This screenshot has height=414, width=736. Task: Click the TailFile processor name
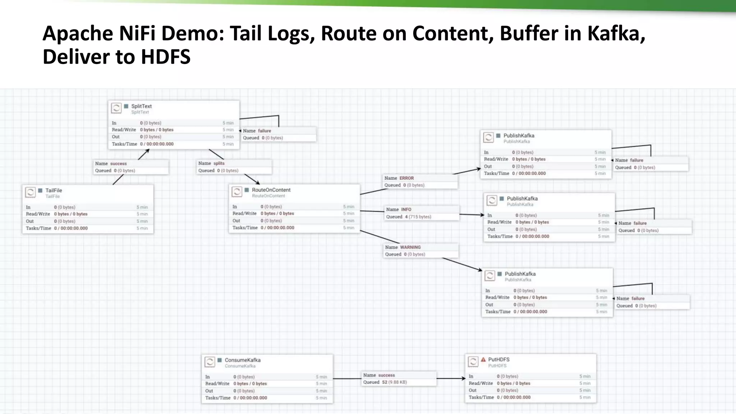click(x=54, y=190)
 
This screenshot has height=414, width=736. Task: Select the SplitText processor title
click(x=141, y=106)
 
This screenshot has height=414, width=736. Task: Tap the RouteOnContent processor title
click(x=271, y=190)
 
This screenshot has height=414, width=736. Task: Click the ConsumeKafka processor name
click(x=243, y=360)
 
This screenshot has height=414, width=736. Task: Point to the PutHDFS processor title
click(x=498, y=360)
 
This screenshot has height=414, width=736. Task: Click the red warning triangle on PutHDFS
click(x=483, y=359)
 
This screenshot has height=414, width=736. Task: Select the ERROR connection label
click(x=406, y=178)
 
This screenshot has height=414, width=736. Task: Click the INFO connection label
click(x=406, y=210)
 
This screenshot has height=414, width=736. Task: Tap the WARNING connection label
click(x=410, y=247)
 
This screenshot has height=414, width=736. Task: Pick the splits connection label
click(x=219, y=164)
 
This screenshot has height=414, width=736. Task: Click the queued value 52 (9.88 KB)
click(x=394, y=382)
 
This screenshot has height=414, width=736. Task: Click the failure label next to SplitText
click(x=264, y=131)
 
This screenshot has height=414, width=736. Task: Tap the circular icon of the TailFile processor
click(x=31, y=192)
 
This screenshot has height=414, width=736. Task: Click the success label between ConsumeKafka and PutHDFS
click(x=386, y=375)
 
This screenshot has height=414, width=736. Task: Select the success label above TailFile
click(x=118, y=164)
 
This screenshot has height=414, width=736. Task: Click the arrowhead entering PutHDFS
click(x=464, y=378)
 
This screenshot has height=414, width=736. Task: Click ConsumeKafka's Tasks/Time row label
click(x=218, y=398)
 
